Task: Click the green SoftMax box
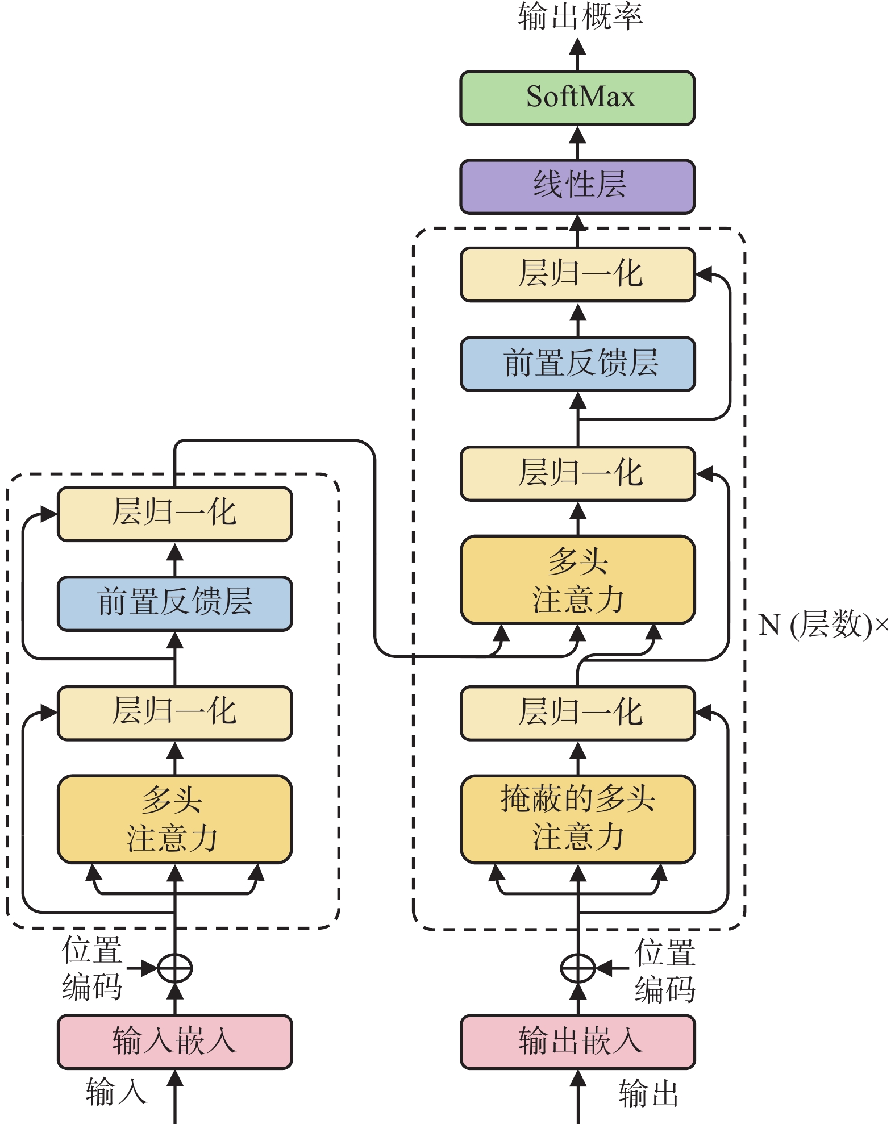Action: (x=577, y=98)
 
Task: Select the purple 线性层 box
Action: (x=577, y=186)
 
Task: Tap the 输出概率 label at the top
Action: (x=580, y=16)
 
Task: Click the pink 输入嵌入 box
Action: (x=175, y=1042)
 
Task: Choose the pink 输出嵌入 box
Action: (x=578, y=1042)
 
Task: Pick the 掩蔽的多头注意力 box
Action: (x=578, y=819)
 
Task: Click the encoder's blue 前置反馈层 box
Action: (x=175, y=603)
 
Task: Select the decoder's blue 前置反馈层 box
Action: (x=578, y=364)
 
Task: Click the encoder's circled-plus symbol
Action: (x=174, y=968)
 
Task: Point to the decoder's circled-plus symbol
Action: (x=578, y=968)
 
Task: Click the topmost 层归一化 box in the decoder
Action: (x=578, y=274)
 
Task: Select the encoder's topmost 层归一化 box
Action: (x=175, y=514)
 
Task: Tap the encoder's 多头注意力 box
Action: (x=175, y=819)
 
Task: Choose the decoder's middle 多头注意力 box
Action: (x=578, y=579)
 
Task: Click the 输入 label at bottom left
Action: (x=116, y=1091)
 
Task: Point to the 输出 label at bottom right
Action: (x=648, y=1093)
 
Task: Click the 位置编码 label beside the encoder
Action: (x=92, y=968)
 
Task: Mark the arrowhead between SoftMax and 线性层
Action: (x=577, y=135)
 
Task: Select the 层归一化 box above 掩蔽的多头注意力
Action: (x=578, y=713)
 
